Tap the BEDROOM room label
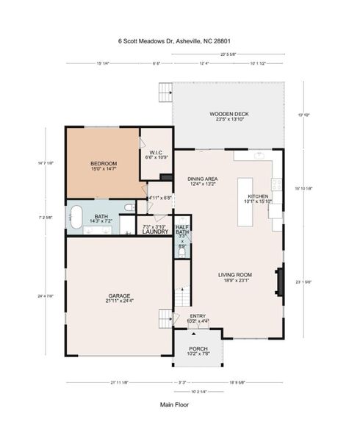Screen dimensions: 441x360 coord(103,164)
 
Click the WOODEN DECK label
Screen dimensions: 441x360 coord(228,114)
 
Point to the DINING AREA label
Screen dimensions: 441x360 coord(202,179)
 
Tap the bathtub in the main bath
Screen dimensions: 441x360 coord(76,218)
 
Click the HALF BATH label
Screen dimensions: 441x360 coord(183,230)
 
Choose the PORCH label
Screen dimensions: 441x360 coord(198,348)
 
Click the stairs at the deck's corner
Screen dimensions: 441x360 coord(165,93)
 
